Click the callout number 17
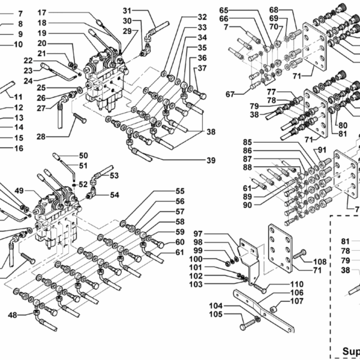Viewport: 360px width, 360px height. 42,12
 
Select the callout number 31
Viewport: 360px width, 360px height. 127,10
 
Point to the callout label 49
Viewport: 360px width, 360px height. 19,191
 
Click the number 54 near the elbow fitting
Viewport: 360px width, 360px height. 114,194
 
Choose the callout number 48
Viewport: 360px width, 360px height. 12,315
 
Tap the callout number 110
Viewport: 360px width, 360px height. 280,284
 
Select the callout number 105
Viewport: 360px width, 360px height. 198,314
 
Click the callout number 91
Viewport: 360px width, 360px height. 322,149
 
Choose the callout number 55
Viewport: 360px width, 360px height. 180,191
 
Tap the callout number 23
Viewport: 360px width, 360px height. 28,70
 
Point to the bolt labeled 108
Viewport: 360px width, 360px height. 299,255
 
